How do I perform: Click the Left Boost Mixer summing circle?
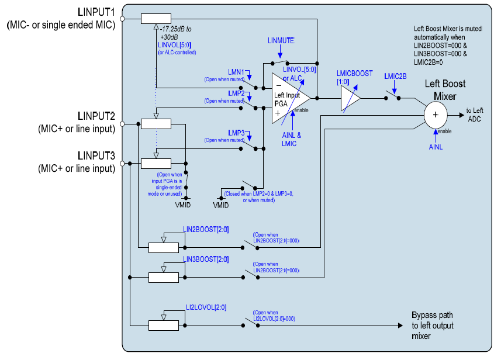coord(435,113)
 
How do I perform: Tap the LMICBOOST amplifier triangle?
coord(350,98)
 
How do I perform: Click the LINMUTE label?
coord(281,40)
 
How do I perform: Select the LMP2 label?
coord(236,93)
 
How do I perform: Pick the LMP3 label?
coord(236,133)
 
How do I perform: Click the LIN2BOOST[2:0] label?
coord(206,229)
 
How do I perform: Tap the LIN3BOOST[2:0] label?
coord(206,259)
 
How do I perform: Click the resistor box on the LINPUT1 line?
coord(156,19)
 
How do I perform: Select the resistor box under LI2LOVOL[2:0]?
coord(164,326)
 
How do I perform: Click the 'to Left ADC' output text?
coord(474,114)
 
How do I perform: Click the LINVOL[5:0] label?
coord(173,45)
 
